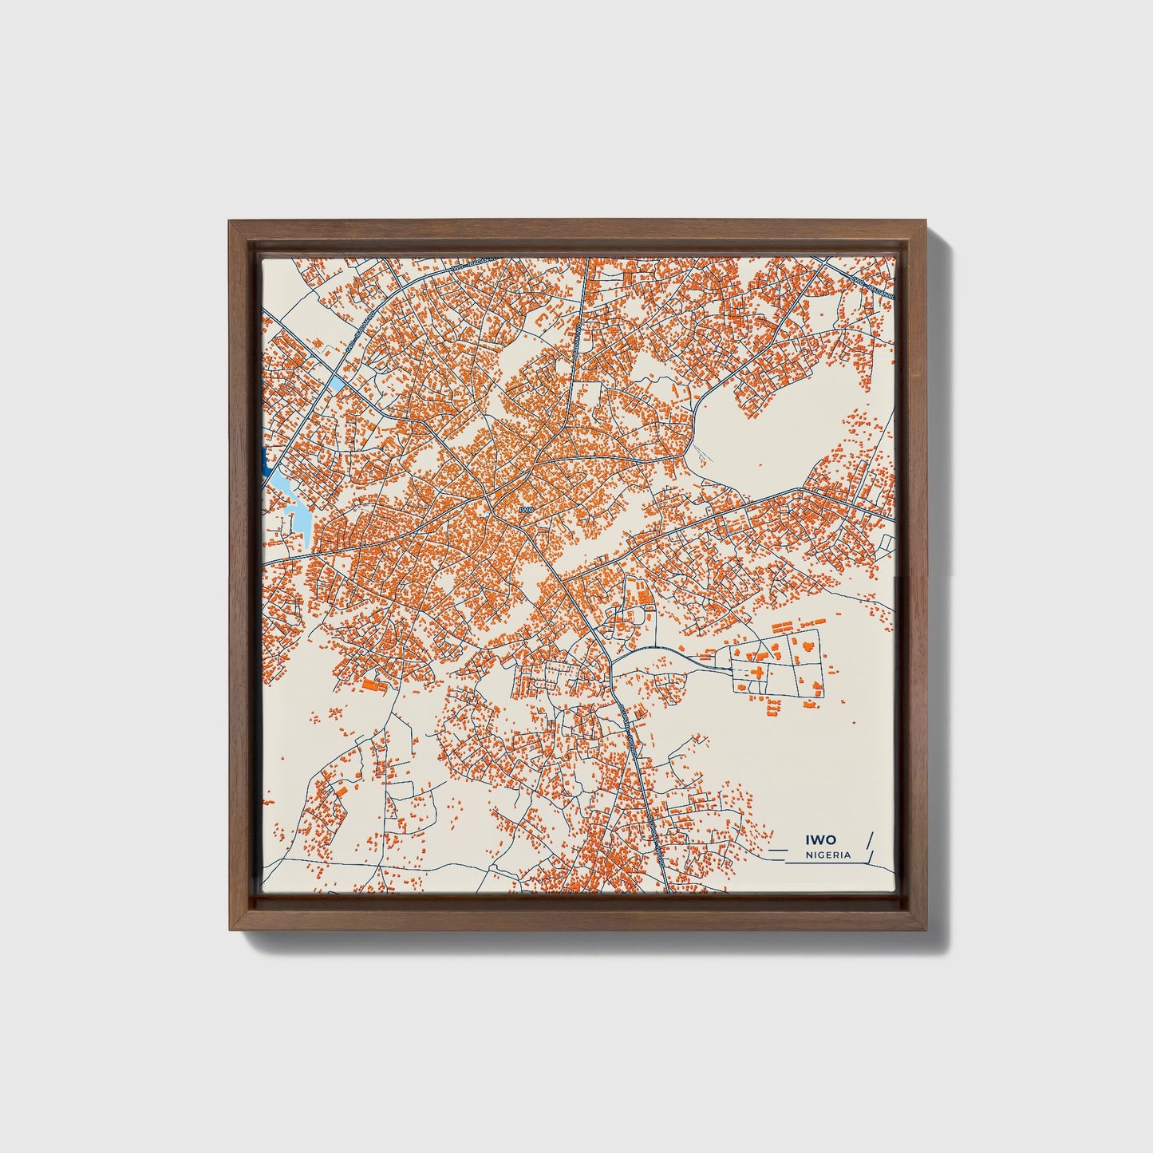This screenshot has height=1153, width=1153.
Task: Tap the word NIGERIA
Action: [x=828, y=855]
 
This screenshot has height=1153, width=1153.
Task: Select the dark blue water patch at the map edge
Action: [x=263, y=461]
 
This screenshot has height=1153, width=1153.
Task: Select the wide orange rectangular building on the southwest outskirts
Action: [x=373, y=684]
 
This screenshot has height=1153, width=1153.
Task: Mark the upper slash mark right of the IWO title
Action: [x=869, y=839]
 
